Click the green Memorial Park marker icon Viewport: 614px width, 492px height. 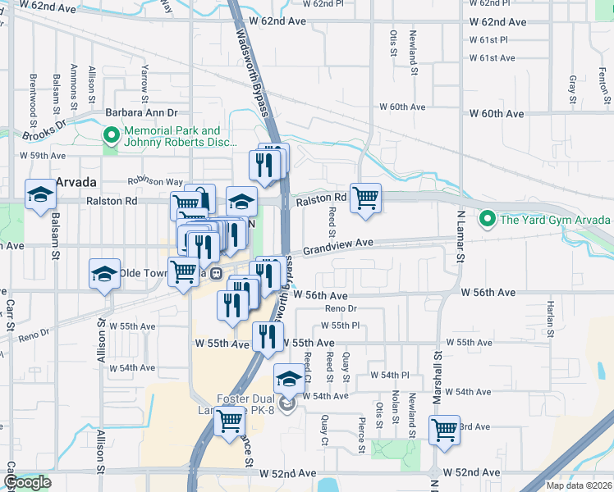tap(110, 136)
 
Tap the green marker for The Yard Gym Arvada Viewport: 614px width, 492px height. tap(487, 219)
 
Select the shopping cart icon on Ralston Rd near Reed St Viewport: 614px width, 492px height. tap(365, 198)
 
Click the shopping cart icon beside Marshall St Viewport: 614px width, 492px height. tap(444, 429)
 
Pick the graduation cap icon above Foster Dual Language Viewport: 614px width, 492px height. tap(288, 379)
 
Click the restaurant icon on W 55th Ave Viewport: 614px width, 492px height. tap(267, 335)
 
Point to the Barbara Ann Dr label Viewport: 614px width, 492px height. tap(141, 113)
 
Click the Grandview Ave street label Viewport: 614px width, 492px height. tap(338, 246)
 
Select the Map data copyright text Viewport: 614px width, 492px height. tap(580, 485)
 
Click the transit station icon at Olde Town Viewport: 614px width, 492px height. tap(216, 273)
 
